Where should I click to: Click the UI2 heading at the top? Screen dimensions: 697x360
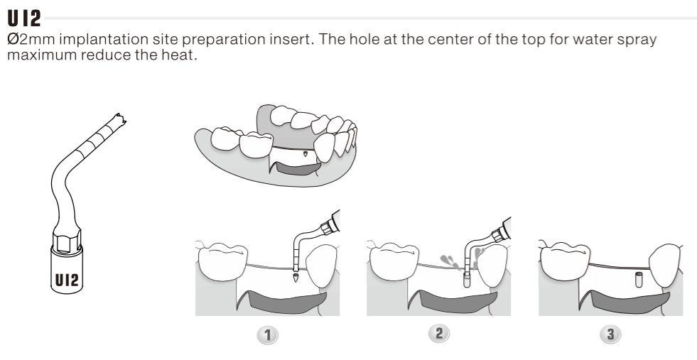(24, 18)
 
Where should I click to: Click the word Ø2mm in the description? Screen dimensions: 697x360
(31, 40)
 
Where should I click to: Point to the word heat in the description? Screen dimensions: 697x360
(179, 55)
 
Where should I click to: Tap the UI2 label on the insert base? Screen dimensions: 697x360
(67, 280)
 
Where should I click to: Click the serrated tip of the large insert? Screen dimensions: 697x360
(119, 119)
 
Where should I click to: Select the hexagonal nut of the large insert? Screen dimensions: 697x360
(67, 241)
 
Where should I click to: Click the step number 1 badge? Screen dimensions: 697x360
(267, 334)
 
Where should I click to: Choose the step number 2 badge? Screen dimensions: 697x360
(439, 333)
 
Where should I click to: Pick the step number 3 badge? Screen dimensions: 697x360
(611, 334)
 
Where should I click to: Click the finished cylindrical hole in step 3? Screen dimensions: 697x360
(639, 280)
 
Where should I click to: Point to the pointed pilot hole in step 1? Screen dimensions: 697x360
(296, 278)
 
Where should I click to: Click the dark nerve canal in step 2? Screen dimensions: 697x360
(453, 302)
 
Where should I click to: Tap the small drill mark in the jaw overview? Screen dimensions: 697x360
(305, 155)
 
